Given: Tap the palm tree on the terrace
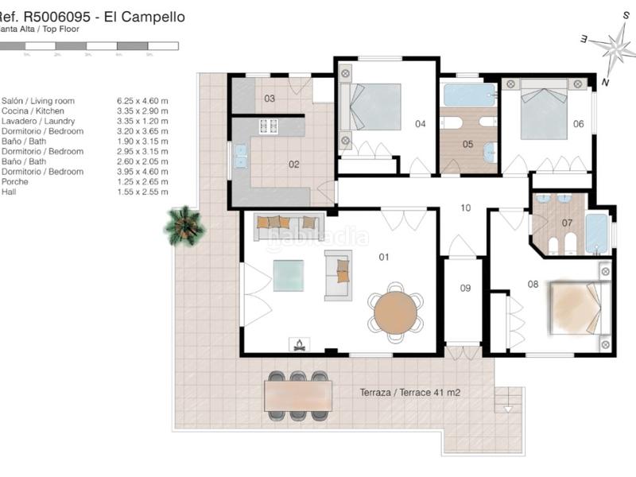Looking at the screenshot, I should [x=184, y=225].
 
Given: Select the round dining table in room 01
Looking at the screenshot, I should [x=395, y=312].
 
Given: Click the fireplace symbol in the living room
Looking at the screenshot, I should [x=300, y=344].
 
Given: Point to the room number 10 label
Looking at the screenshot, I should [x=467, y=208].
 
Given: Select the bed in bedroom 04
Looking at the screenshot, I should [x=372, y=107].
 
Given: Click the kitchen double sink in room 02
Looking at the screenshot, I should [x=240, y=162].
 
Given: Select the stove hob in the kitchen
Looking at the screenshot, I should [x=268, y=126].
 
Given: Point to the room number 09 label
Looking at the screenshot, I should [x=465, y=288].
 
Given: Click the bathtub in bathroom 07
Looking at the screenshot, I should [x=598, y=231].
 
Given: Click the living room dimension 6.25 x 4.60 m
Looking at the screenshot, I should [x=142, y=101].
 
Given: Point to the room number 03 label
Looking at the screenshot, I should [x=270, y=99].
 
